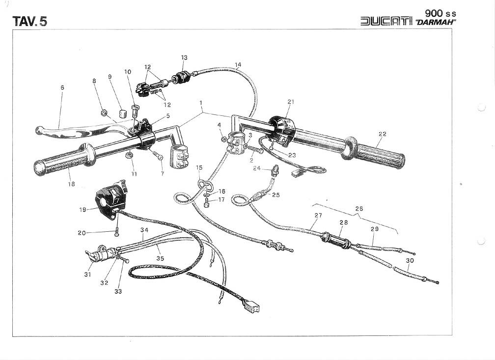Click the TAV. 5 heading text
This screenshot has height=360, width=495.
[x=29, y=21]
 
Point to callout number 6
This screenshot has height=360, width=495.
[x=62, y=88]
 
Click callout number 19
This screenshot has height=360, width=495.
[x=82, y=209]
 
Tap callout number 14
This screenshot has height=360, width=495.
[x=238, y=65]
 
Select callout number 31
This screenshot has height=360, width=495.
[x=87, y=275]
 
